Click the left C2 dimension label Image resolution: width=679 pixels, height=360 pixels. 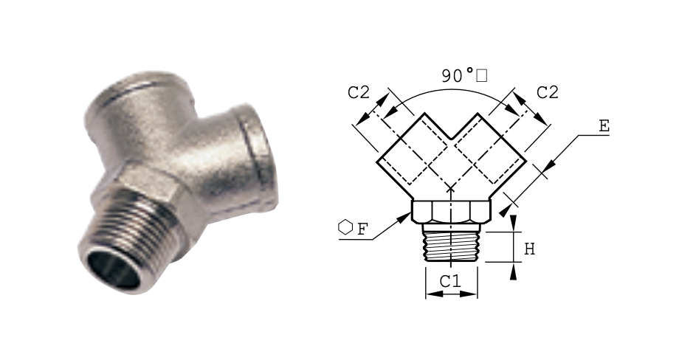tap(359, 92)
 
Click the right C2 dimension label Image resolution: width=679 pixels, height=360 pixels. tap(548, 92)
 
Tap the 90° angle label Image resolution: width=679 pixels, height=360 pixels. tap(458, 75)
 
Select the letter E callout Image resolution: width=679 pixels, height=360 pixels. tap(604, 126)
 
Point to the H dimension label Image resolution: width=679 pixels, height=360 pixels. tap(530, 249)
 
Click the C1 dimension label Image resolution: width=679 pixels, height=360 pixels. tap(450, 281)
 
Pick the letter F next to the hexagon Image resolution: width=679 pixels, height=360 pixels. tap(362, 229)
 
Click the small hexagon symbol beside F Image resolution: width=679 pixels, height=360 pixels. tap(345, 227)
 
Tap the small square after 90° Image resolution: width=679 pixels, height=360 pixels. tap(481, 76)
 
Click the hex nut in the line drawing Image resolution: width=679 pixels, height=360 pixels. tap(451, 211)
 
